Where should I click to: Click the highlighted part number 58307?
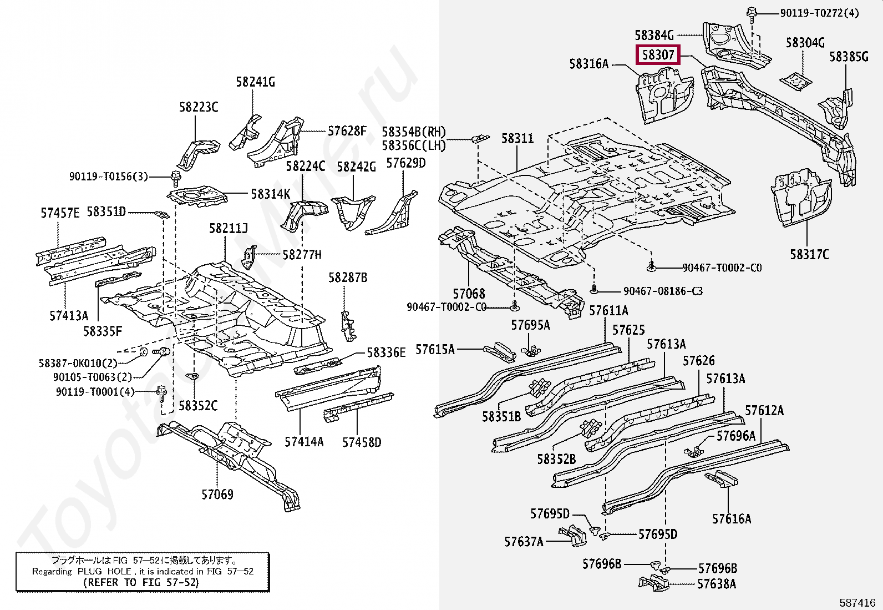point(658,54)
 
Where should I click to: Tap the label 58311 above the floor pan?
point(517,139)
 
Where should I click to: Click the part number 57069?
point(217,494)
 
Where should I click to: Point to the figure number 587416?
point(857,602)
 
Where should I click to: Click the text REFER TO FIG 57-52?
point(141,582)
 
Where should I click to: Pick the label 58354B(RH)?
point(414,132)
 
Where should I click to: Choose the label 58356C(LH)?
point(414,145)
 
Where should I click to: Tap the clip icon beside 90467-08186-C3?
point(595,290)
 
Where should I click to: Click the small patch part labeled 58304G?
point(796,82)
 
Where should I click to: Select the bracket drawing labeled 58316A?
point(666,95)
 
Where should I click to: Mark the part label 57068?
point(469,294)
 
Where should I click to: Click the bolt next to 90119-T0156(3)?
point(175,178)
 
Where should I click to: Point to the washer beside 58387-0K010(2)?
point(144,351)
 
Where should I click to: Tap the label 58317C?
point(809,255)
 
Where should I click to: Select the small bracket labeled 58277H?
point(250,256)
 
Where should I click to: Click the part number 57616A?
point(732,518)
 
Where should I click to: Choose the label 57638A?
point(717,583)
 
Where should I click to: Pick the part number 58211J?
point(229,228)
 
